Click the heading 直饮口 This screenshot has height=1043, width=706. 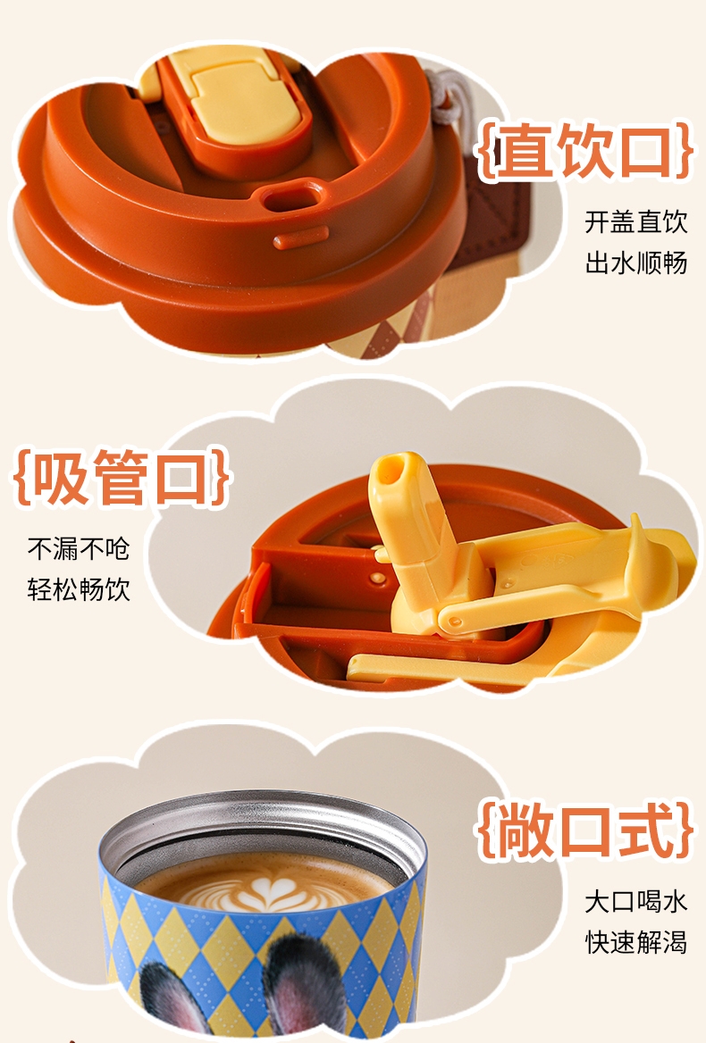tap(584, 150)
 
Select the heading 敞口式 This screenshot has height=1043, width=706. tap(584, 830)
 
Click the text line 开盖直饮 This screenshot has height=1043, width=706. tap(636, 222)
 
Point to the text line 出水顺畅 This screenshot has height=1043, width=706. tap(636, 263)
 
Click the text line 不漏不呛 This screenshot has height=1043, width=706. tap(79, 549)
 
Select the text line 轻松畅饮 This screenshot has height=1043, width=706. tap(79, 589)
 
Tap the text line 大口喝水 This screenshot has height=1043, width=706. tap(636, 902)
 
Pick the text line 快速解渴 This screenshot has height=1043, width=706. tap(636, 943)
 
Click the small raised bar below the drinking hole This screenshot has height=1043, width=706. tap(301, 236)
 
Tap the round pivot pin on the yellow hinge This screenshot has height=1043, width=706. tap(455, 622)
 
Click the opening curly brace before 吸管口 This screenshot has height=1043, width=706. tap(22, 477)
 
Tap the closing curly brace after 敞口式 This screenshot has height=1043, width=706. tap(685, 830)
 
